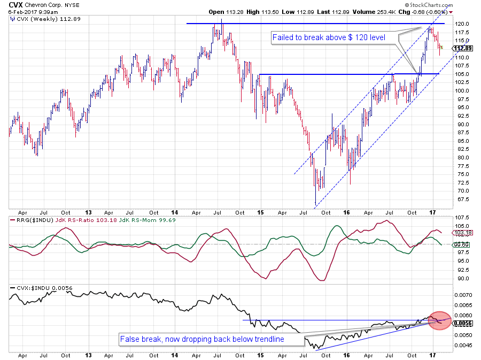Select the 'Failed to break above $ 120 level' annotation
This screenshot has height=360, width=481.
click(335, 38)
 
